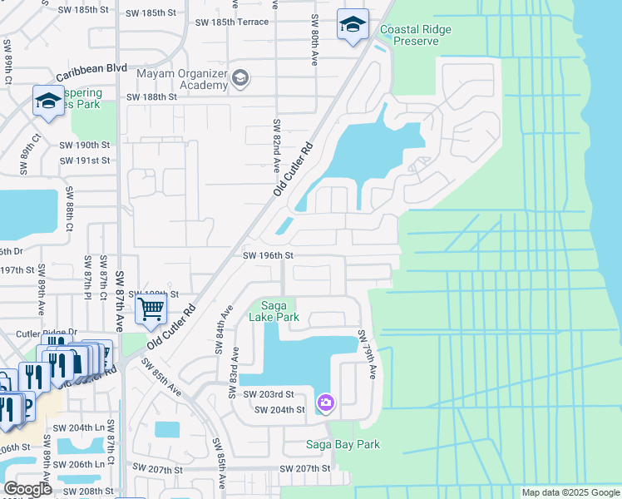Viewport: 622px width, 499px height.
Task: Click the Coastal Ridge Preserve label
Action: (x=415, y=35)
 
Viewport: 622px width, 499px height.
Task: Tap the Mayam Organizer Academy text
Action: (x=183, y=79)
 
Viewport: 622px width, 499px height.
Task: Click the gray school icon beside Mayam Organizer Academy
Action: (x=240, y=78)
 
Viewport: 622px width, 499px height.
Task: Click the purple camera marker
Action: (x=326, y=403)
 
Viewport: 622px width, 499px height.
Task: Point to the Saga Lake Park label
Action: (x=274, y=311)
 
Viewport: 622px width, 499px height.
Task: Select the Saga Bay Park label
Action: (x=343, y=444)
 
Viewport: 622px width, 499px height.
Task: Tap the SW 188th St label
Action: (x=152, y=96)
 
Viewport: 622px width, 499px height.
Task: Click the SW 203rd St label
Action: (x=262, y=393)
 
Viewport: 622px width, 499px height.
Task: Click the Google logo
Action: (x=28, y=489)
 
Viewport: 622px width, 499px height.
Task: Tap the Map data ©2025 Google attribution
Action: (x=570, y=492)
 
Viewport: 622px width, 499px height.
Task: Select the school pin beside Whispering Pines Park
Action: (x=49, y=101)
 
